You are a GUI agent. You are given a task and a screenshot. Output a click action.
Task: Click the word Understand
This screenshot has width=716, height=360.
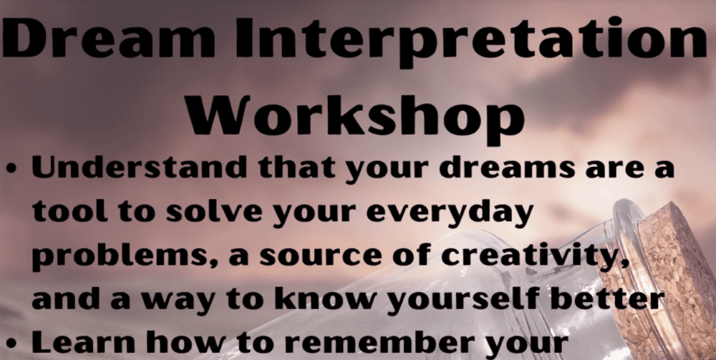point(139,168)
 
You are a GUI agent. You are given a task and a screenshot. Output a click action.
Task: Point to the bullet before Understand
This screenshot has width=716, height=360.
point(13,170)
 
